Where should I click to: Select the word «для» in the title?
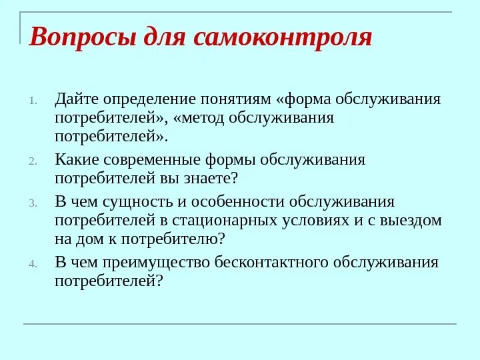coord(163,37)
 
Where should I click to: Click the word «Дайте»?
coord(78,100)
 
